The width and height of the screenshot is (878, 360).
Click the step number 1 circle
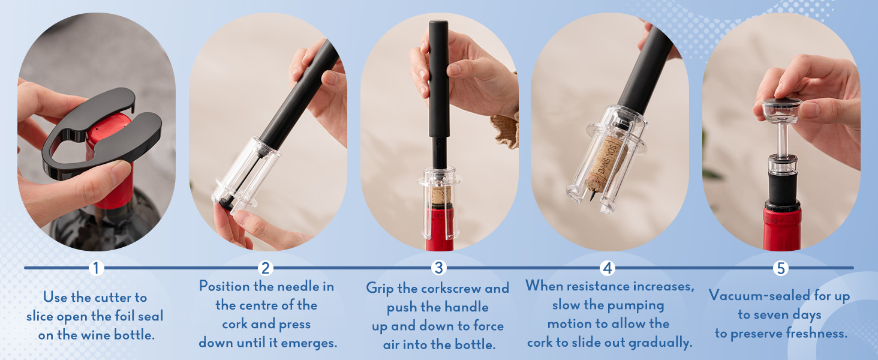coord(96,268)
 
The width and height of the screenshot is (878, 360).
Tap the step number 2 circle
coord(265,268)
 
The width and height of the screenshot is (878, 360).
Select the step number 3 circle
coord(438,268)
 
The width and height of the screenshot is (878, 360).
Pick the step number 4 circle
coord(608,268)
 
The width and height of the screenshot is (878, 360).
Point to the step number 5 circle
coord(780,268)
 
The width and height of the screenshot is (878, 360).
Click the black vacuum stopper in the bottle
coord(783,188)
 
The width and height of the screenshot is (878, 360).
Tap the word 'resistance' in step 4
coord(598,286)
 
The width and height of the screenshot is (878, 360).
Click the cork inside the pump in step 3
coord(441,195)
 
